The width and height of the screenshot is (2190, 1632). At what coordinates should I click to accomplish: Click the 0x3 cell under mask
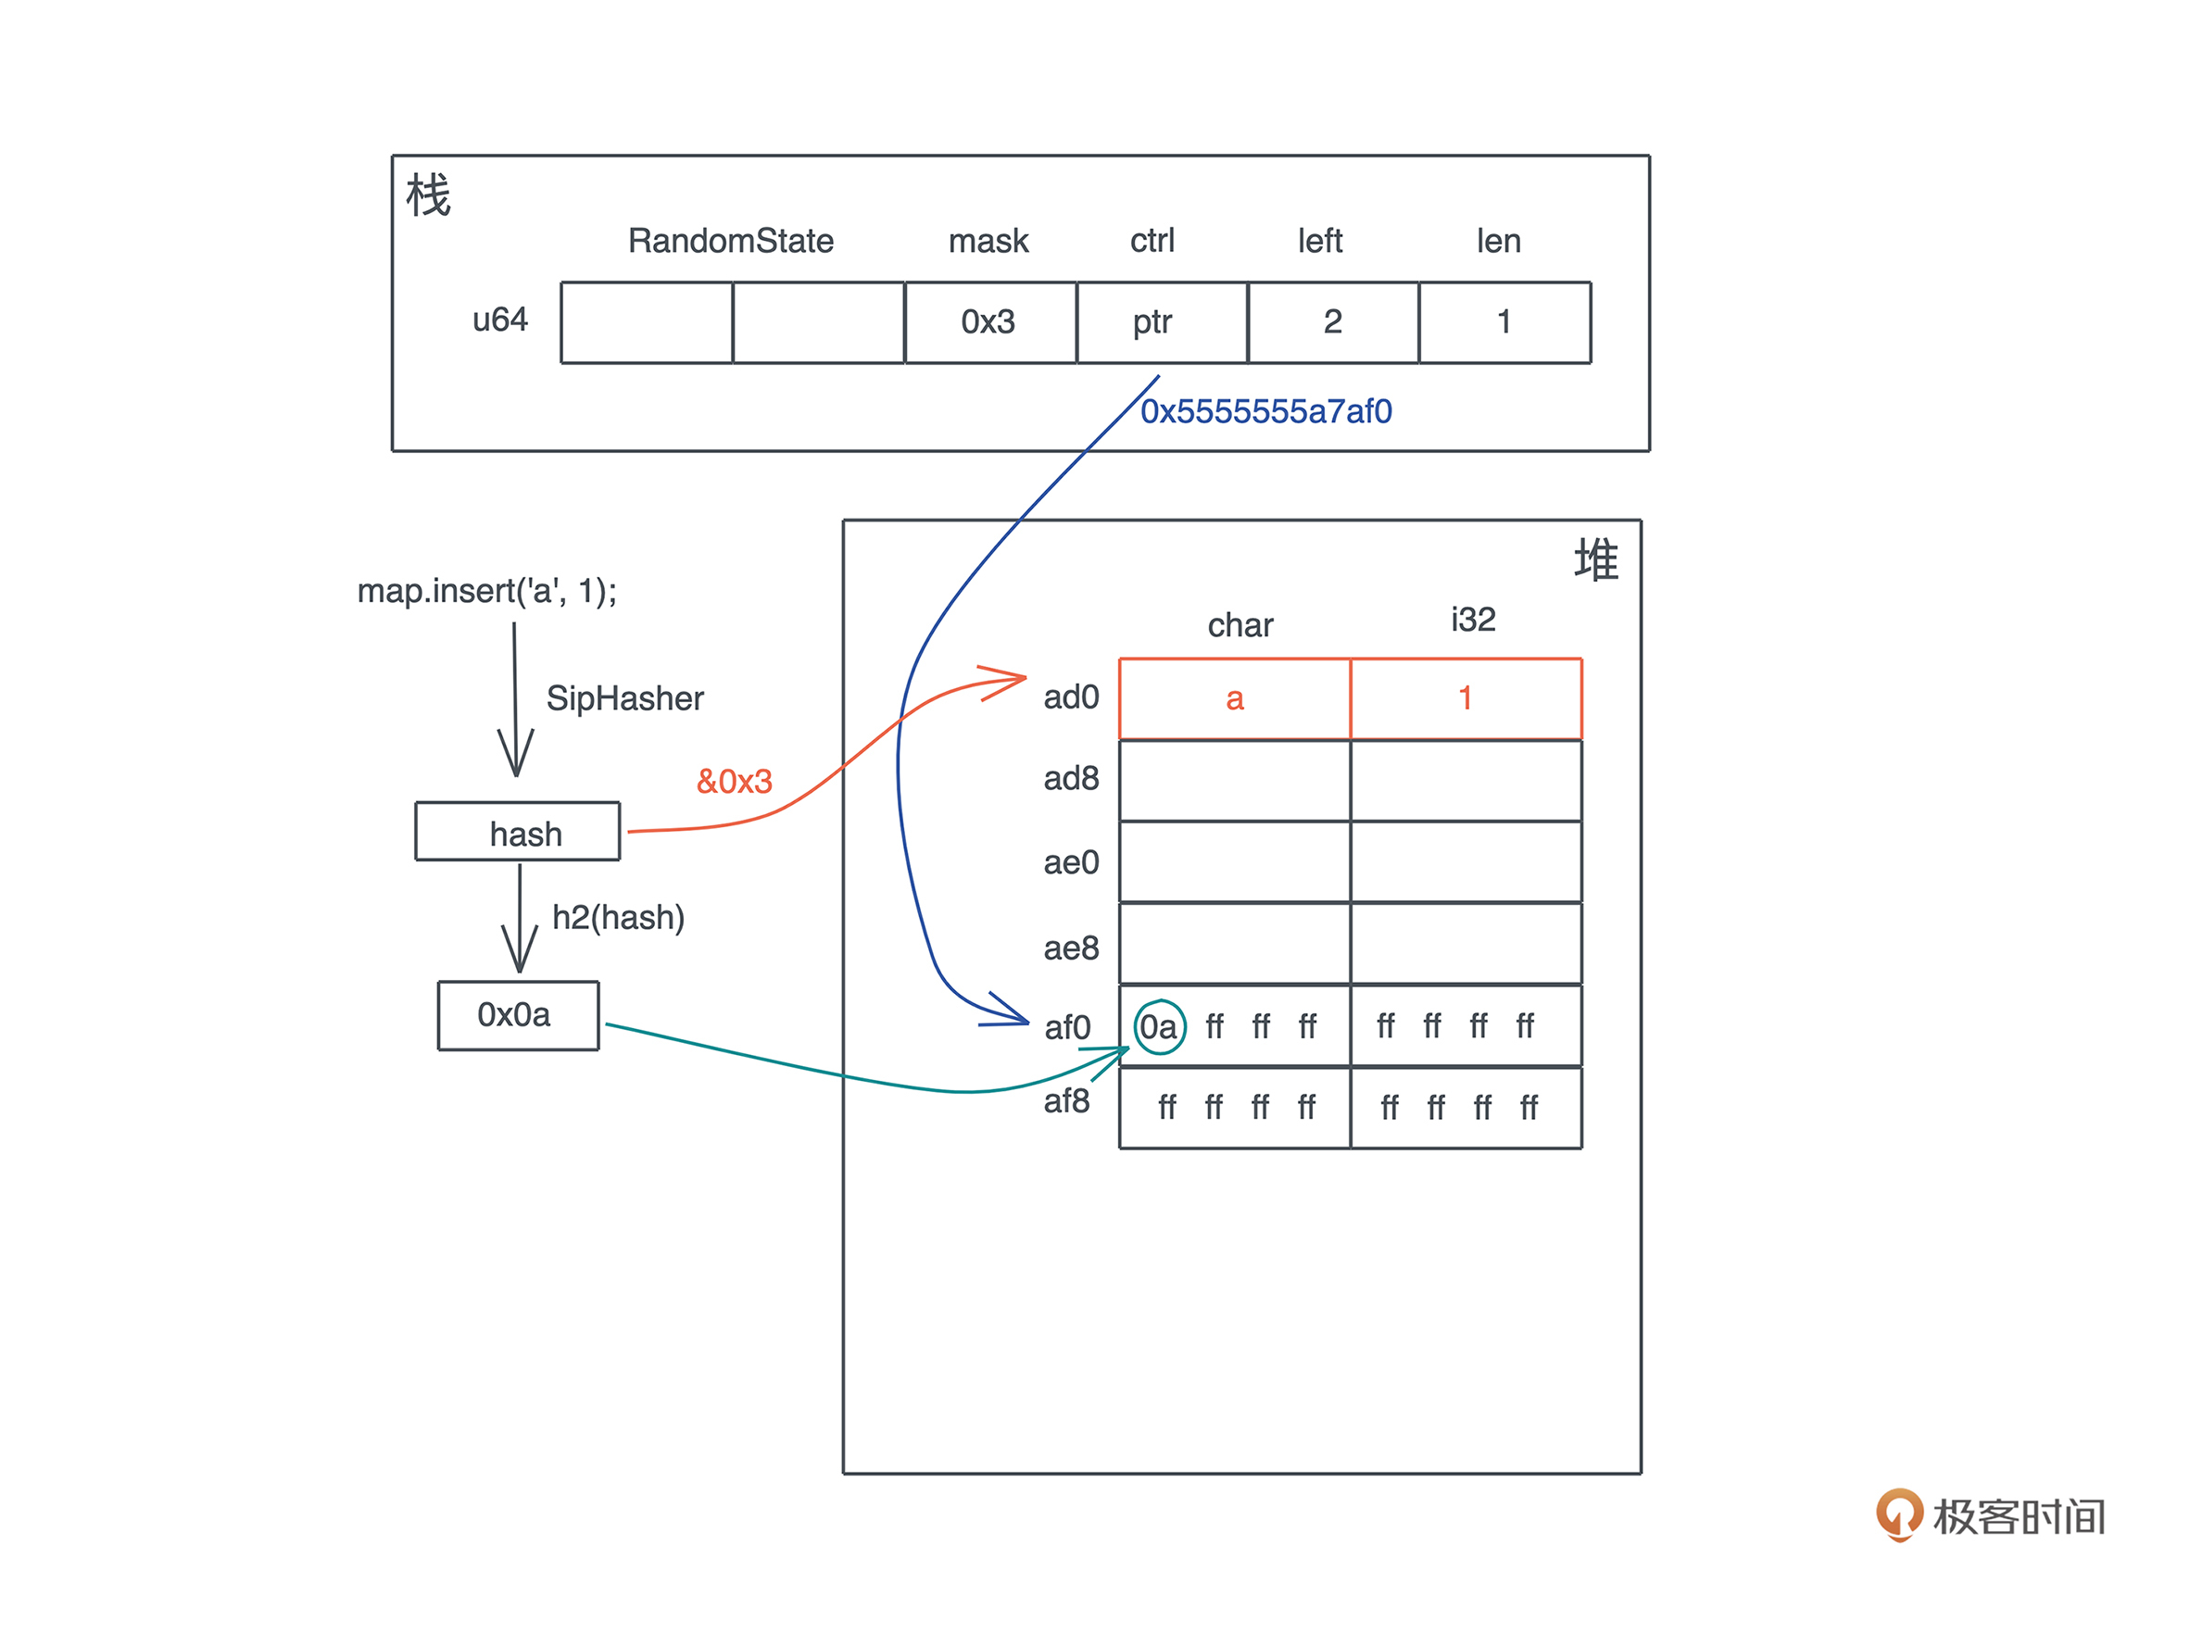(988, 322)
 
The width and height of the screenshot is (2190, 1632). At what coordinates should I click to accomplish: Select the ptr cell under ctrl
(1152, 322)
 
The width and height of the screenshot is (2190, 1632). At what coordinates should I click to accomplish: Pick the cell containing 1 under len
(1504, 322)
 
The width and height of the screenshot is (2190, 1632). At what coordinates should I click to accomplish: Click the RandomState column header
(730, 241)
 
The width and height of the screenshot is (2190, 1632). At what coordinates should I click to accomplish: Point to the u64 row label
(500, 320)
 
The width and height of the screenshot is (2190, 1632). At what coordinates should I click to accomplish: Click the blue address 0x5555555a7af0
(1265, 411)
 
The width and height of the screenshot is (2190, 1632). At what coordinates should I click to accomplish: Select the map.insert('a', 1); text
(487, 591)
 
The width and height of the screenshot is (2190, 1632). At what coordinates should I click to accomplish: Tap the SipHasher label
(624, 698)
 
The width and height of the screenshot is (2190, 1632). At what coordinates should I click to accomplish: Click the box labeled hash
(518, 832)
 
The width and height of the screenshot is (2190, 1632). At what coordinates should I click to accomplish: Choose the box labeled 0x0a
(518, 1014)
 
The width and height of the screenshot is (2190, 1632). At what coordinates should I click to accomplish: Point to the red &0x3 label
(734, 782)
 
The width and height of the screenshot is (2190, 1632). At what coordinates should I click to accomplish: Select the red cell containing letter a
(1234, 698)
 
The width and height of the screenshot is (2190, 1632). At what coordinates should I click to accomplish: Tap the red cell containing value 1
(1465, 698)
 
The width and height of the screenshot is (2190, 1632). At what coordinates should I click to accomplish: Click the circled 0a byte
(1159, 1027)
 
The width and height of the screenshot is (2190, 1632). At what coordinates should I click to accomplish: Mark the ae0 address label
(1071, 862)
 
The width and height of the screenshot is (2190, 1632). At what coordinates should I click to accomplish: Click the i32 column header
(1473, 620)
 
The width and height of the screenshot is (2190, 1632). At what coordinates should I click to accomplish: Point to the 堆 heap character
(1595, 560)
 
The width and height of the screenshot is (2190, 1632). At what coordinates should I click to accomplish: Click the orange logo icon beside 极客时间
(1897, 1514)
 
